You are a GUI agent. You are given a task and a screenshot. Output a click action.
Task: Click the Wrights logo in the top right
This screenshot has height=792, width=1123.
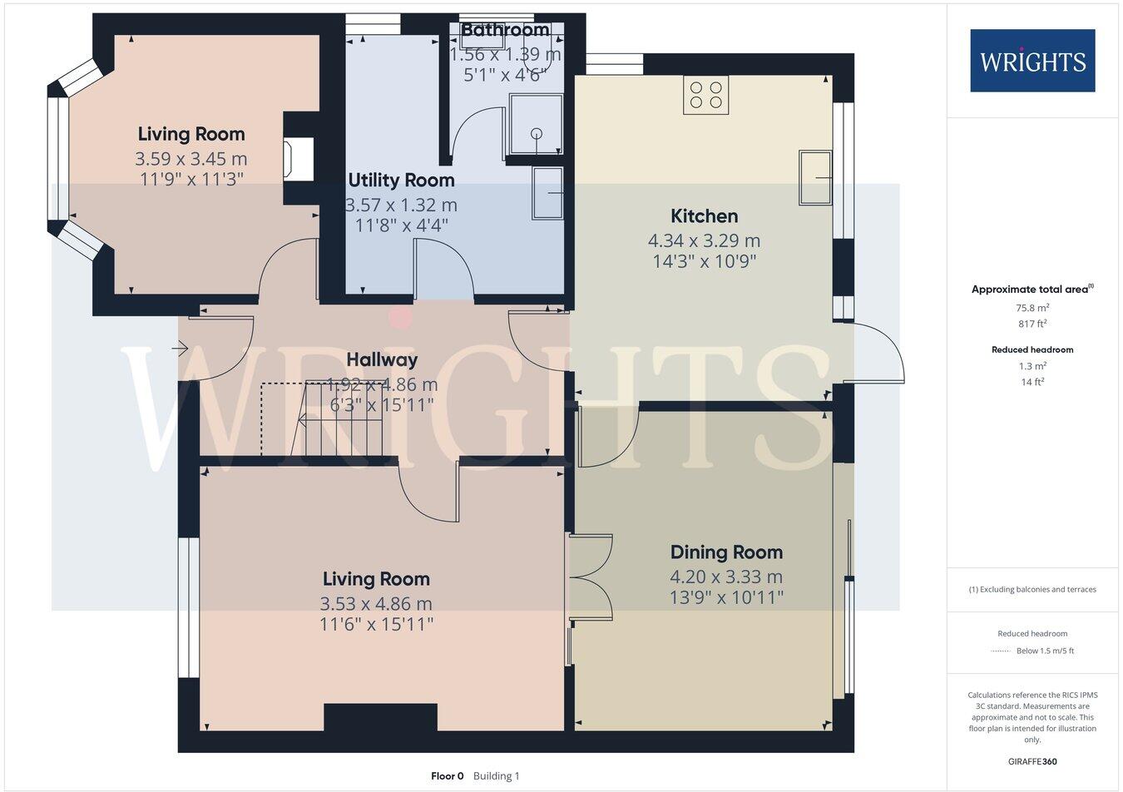1032,61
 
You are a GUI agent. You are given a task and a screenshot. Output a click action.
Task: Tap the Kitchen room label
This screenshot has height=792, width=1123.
704,216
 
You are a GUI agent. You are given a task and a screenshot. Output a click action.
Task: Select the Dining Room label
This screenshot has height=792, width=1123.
726,552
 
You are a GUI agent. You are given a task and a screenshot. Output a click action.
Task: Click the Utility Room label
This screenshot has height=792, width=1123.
401,181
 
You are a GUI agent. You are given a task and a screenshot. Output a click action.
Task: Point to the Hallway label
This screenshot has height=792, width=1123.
382,360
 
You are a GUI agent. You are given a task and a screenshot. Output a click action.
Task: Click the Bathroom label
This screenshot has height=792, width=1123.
505,31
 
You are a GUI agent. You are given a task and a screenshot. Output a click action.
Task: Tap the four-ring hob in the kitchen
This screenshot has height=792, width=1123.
706,95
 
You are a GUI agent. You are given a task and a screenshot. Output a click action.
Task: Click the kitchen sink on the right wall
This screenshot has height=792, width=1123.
815,177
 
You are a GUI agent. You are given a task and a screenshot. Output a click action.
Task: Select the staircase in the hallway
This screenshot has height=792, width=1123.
341,419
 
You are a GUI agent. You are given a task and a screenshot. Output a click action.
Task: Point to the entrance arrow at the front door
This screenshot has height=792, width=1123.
181,349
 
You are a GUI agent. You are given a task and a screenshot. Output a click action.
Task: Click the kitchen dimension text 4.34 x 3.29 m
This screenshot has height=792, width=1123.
704,241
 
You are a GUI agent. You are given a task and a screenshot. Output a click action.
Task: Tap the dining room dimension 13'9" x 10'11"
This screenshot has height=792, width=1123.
726,597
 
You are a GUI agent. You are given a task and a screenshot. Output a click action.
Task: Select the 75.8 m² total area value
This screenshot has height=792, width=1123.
1032,308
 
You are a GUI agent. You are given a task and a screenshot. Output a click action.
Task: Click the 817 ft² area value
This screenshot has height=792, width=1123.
1032,324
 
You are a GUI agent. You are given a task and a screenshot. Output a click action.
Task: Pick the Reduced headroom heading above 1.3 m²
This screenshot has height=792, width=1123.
1032,350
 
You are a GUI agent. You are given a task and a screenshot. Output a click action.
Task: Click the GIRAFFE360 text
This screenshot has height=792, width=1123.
1032,761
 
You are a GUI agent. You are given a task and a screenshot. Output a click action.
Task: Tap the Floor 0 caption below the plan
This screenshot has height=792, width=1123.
448,776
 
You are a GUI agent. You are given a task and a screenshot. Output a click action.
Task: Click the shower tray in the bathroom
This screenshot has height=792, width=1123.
536,124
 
